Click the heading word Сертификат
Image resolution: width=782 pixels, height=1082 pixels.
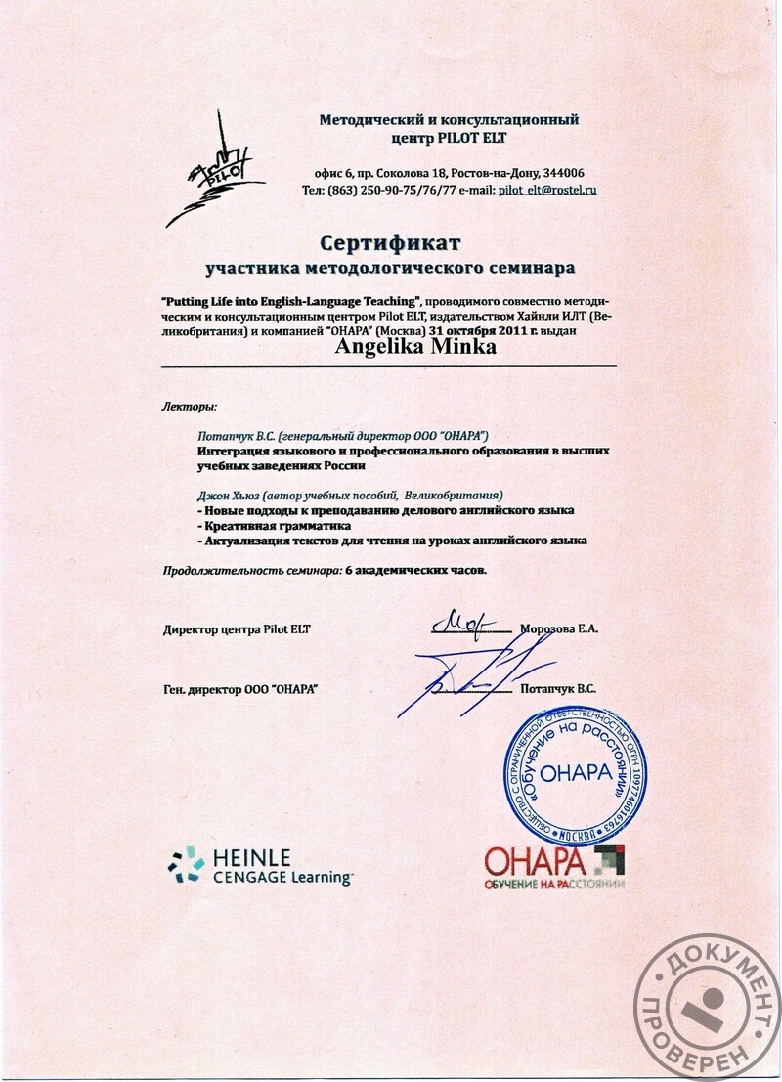pyautogui.click(x=389, y=240)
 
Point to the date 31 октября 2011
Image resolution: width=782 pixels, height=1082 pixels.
pyautogui.click(x=471, y=330)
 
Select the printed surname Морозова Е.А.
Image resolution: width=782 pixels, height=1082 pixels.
pyautogui.click(x=560, y=629)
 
